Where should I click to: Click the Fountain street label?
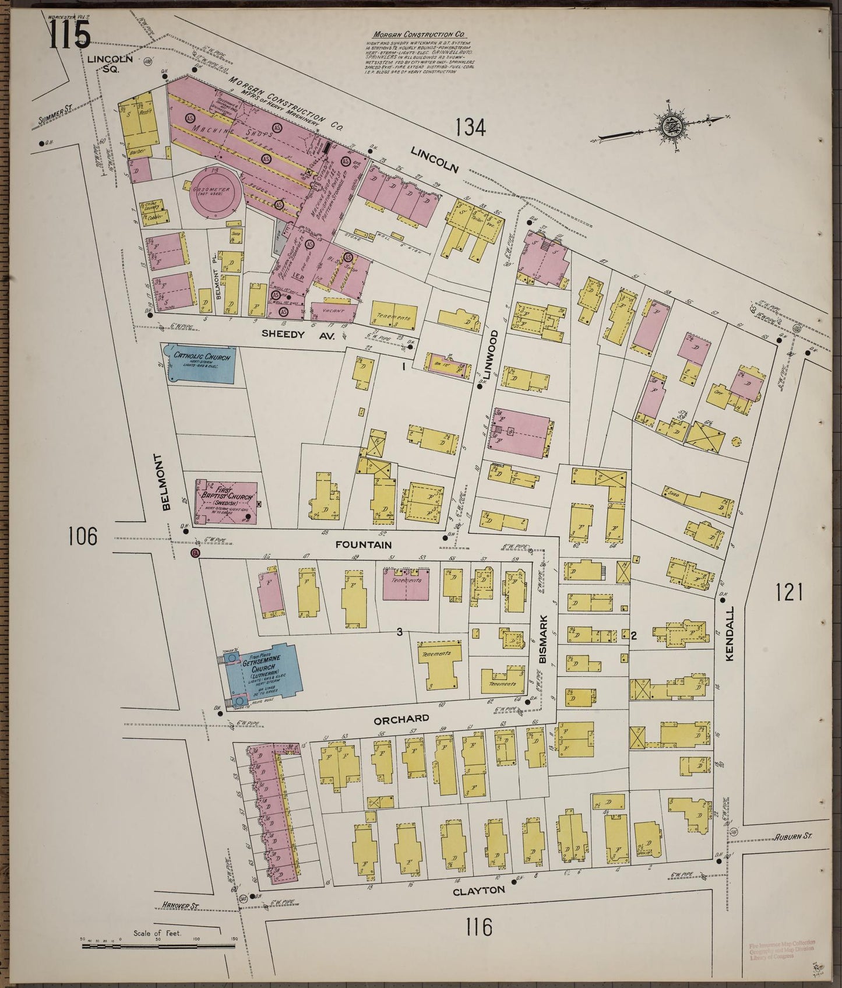tap(364, 544)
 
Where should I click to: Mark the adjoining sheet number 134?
tap(470, 126)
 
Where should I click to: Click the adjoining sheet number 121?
tap(789, 593)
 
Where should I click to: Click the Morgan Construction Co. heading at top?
tap(420, 36)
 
